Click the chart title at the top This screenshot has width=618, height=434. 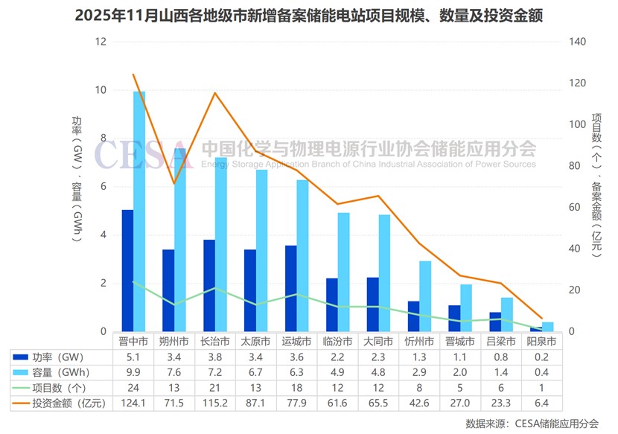[308, 15]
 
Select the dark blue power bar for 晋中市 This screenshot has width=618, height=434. [127, 271]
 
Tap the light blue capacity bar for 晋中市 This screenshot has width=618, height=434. [139, 212]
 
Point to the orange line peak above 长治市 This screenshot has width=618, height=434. [215, 93]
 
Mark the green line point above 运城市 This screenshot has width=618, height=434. [297, 294]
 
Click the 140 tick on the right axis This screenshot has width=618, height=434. [577, 42]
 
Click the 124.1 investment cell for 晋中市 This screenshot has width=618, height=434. [133, 403]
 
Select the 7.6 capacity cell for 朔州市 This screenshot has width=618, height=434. [174, 372]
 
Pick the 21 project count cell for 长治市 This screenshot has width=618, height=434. [215, 388]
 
